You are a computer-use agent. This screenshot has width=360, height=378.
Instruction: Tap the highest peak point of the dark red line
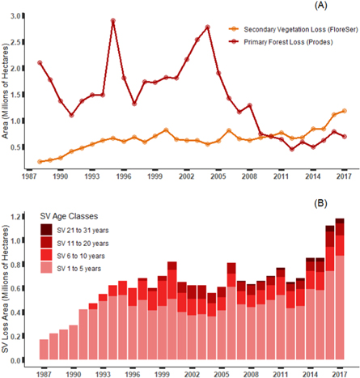[113, 20]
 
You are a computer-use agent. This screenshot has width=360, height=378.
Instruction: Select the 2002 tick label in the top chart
[188, 175]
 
